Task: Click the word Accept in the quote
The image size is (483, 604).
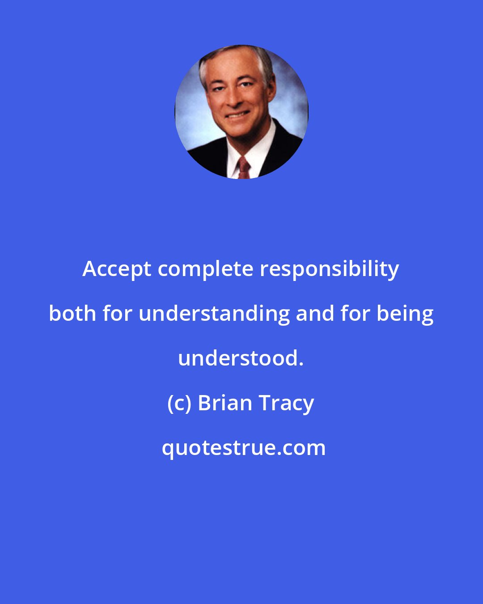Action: tap(117, 269)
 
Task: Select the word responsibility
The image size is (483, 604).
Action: tap(330, 269)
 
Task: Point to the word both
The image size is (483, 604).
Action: tap(72, 314)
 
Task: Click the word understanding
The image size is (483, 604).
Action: tap(214, 314)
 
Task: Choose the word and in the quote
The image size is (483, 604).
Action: tap(315, 314)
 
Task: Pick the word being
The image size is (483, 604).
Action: tap(405, 314)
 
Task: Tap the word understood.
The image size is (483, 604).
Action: tap(241, 358)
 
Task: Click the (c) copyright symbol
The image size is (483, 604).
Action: tap(179, 403)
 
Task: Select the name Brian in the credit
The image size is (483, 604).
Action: tap(225, 403)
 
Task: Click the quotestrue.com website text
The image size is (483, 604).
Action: tap(244, 448)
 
